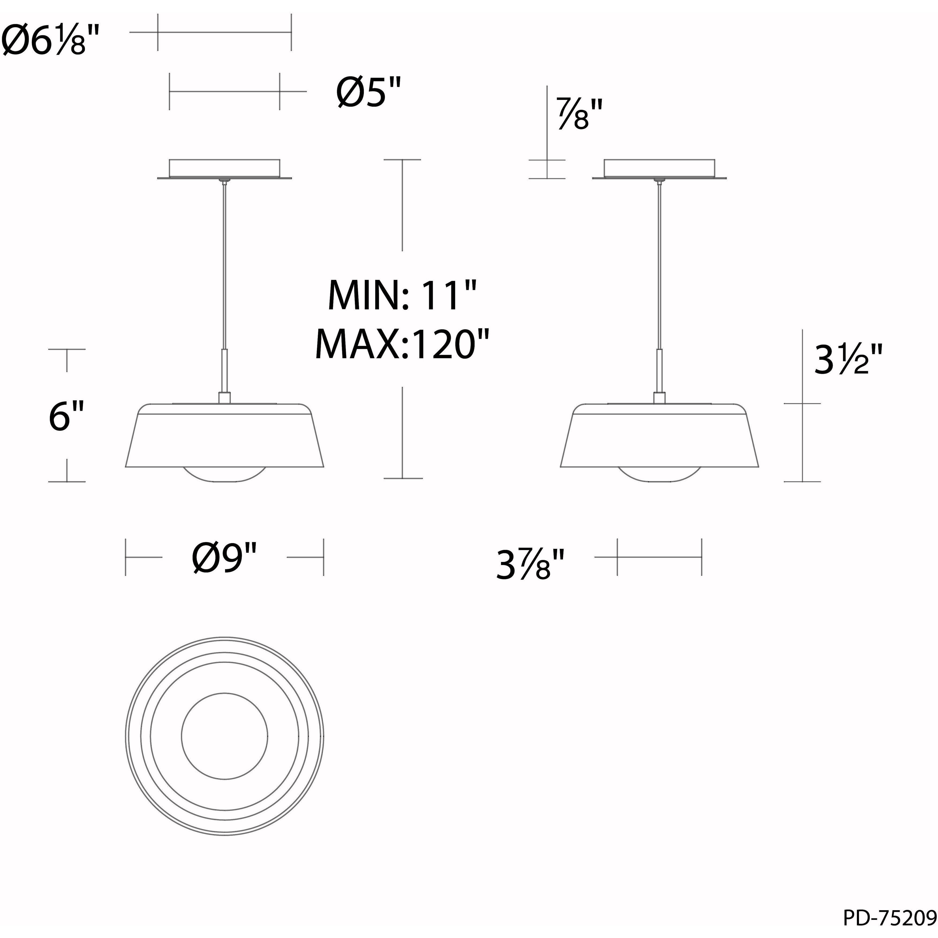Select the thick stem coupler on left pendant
[x=224, y=371]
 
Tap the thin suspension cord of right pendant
[x=659, y=267]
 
